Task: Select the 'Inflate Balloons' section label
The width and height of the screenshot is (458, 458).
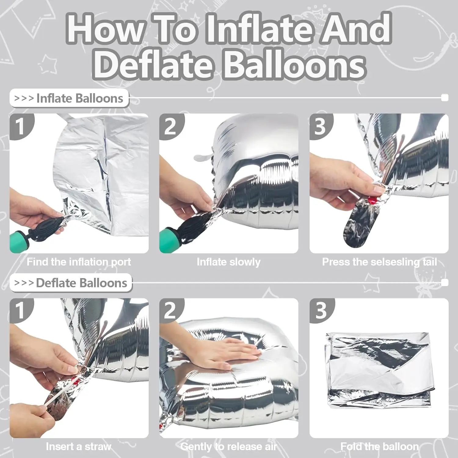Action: coord(69,98)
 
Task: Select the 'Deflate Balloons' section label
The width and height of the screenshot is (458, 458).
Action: coord(71,283)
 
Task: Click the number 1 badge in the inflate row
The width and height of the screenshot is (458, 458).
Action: coord(20,126)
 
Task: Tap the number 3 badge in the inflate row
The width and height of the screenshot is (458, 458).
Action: coord(320,126)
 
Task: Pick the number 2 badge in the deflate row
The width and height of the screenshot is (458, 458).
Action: coord(170,311)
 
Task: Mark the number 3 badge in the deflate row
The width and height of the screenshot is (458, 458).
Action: coord(321,311)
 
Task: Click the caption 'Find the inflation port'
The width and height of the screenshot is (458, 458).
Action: coord(79,262)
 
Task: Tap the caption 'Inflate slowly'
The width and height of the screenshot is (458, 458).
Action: coord(229,262)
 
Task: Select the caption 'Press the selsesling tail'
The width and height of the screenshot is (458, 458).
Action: coord(380,262)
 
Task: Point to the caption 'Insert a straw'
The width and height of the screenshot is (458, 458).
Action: coord(79,447)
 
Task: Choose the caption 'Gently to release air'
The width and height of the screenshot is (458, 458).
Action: coord(229,447)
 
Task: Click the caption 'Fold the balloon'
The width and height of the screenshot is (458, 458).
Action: coord(380,447)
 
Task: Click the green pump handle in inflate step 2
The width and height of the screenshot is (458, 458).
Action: coord(169,243)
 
